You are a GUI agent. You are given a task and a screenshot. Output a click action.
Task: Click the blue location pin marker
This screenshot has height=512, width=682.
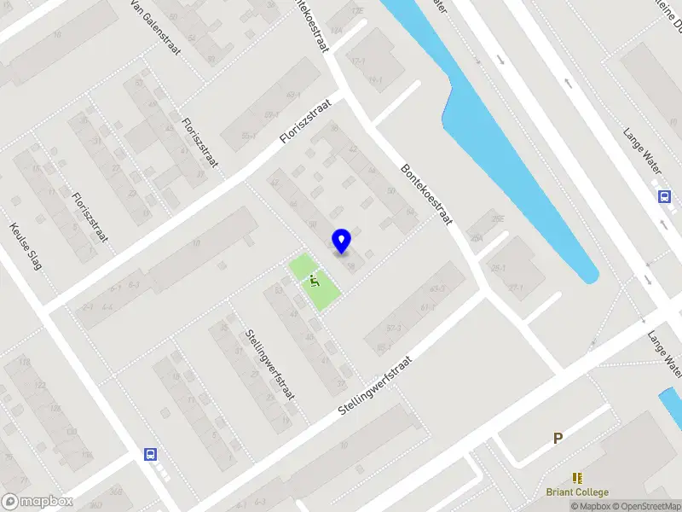342,241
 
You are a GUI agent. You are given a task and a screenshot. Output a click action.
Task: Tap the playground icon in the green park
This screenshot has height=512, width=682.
315,279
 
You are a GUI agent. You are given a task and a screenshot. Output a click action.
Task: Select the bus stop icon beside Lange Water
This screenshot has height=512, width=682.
664,196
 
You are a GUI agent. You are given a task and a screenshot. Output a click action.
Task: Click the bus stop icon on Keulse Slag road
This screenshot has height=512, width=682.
151,454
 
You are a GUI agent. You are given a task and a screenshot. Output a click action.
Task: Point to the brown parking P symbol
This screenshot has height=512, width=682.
558,439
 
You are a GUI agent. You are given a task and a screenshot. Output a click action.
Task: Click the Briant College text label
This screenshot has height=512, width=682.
577,492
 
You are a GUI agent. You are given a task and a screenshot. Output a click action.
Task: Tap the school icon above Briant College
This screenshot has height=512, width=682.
577,478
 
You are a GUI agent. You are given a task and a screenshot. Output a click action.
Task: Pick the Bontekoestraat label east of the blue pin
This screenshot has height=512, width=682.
425,195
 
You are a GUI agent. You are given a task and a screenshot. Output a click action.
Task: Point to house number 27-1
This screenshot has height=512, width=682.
516,288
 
